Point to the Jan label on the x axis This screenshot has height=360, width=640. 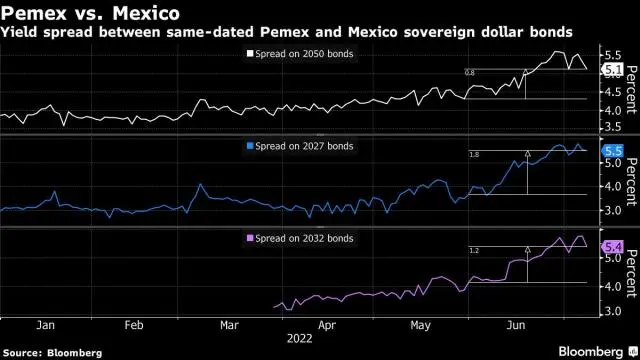click(x=44, y=325)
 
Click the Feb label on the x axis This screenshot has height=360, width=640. click(x=135, y=325)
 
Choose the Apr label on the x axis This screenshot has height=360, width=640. click(x=326, y=325)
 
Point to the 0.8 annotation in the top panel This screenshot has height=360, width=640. click(x=470, y=72)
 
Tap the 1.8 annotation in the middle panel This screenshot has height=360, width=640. click(x=474, y=155)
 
